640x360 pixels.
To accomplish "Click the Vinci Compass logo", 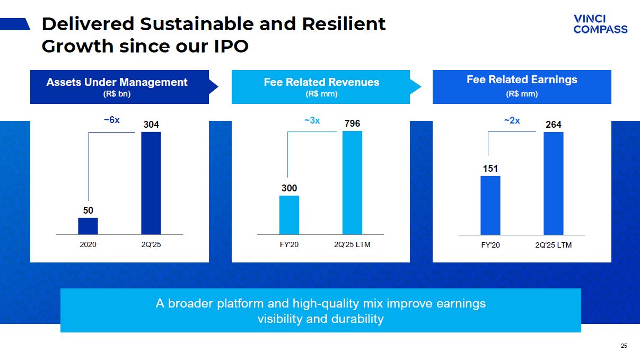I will click(600, 24).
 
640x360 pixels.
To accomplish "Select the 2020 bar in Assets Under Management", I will click(88, 226).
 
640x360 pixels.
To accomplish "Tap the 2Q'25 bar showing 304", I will click(151, 183).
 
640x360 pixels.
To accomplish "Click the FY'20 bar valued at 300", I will click(289, 215).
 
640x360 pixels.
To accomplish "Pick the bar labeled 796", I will click(352, 182).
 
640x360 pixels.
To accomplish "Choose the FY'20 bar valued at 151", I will click(490, 205).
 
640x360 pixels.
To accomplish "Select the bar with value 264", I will click(554, 183).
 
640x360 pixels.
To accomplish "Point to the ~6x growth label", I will click(111, 120).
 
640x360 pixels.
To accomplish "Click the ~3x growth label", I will click(312, 120).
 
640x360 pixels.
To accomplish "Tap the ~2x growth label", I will click(512, 120).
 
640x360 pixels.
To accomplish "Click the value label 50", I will click(88, 210).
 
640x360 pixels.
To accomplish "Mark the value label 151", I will click(490, 169).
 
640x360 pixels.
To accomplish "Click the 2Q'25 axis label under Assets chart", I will click(151, 245).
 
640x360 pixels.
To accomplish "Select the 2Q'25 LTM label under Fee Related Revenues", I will click(352, 245).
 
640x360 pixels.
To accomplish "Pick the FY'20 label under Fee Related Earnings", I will click(490, 245).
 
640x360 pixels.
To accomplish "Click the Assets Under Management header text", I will click(117, 82).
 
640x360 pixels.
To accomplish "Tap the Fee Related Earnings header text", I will click(522, 80).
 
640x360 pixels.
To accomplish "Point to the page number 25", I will click(624, 346).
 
